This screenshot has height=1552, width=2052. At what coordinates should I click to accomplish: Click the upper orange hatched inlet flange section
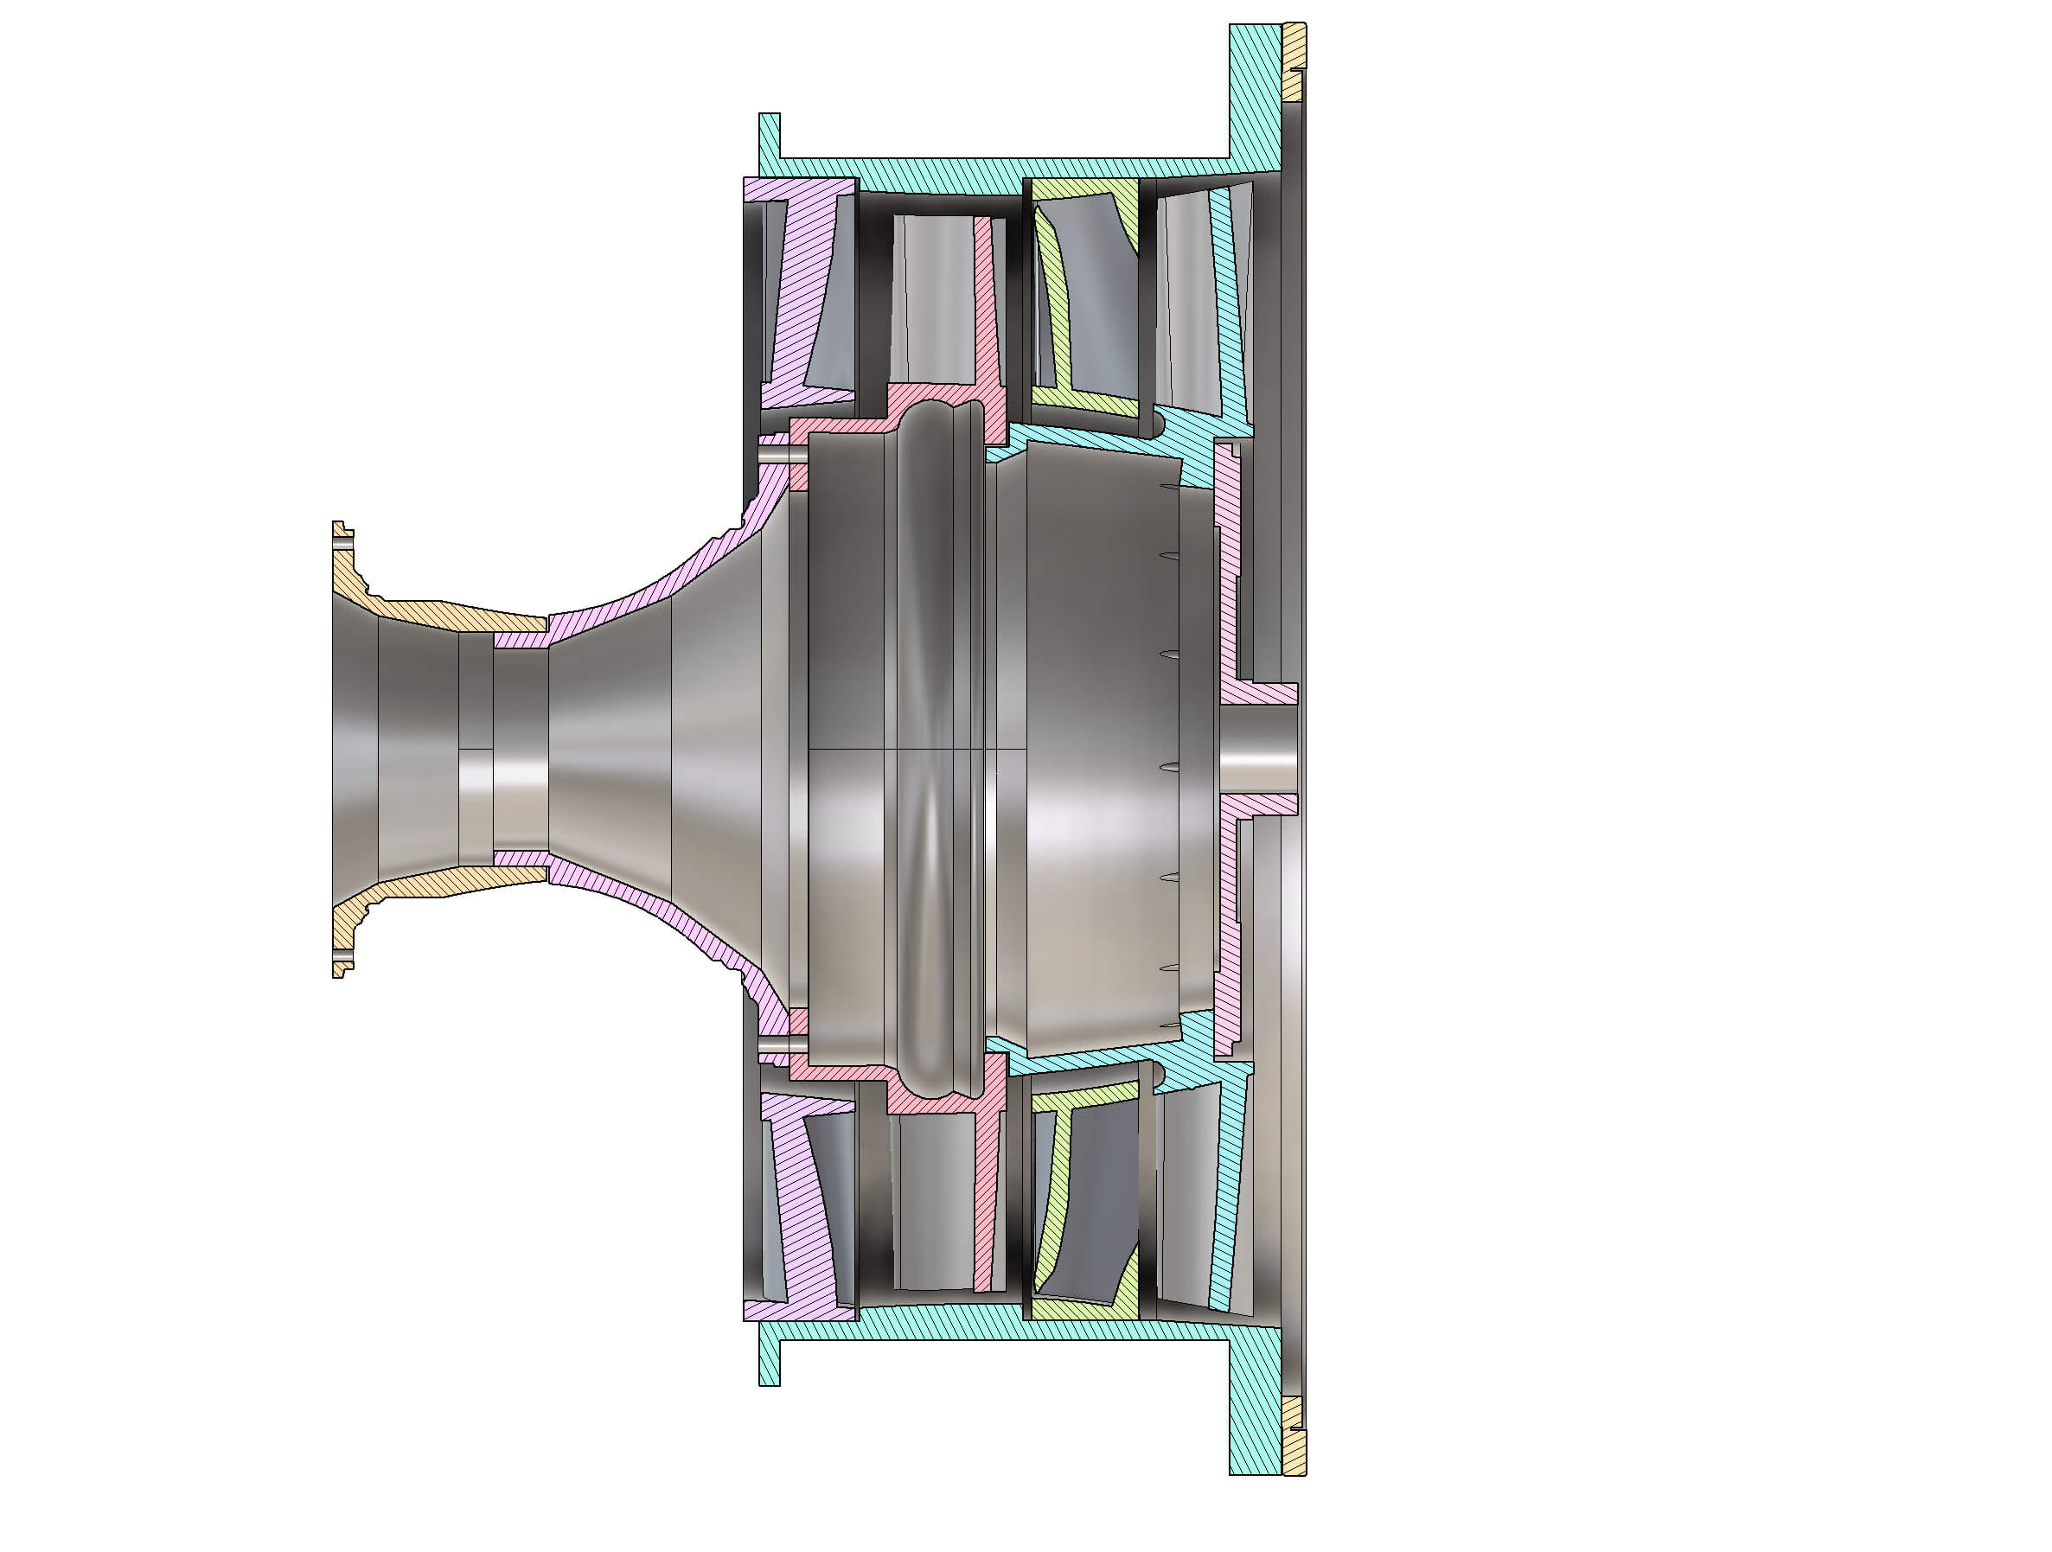(436, 613)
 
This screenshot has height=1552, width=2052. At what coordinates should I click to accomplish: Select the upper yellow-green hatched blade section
(1058, 306)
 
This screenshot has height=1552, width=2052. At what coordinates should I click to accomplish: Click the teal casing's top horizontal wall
(1002, 168)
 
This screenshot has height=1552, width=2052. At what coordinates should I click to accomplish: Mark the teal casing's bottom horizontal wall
(1002, 1332)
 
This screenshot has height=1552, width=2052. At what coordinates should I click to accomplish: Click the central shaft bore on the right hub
(1257, 750)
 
